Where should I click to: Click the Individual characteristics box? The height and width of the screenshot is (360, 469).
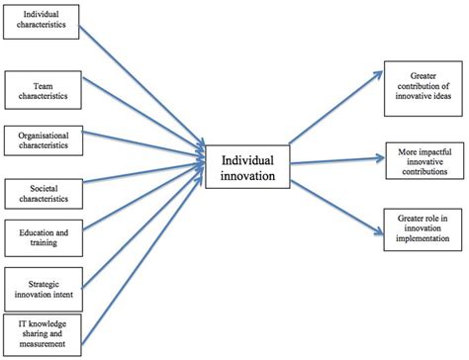coord(40,21)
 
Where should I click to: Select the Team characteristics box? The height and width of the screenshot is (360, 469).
coord(40,91)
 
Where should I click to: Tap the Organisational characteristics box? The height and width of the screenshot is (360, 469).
coord(40,138)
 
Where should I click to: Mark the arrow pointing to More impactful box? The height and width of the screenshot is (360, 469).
coord(336,161)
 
